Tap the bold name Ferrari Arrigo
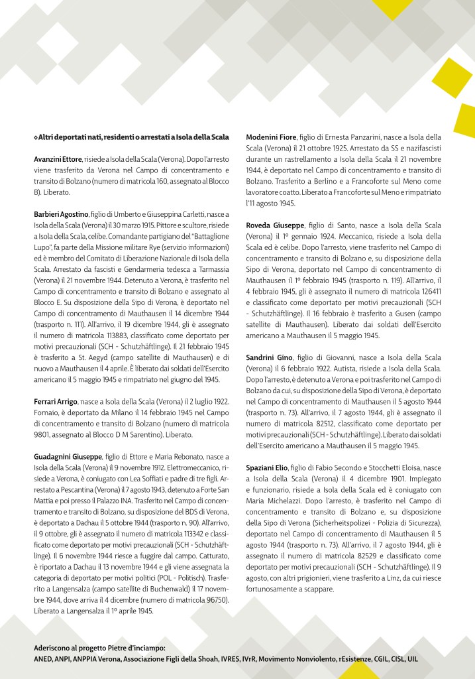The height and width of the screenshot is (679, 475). point(55,402)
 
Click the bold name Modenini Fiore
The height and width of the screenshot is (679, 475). point(272,137)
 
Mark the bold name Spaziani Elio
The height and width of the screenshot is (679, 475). point(269,467)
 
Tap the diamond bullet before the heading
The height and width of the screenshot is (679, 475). point(35,137)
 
